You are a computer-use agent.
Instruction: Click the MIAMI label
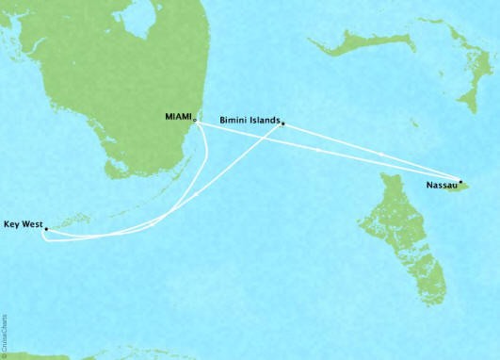click(175, 118)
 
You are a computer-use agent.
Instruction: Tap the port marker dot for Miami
click(194, 121)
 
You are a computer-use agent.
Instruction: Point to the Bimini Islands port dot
click(282, 125)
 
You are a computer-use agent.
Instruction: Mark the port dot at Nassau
click(460, 181)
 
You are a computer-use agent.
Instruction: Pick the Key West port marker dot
click(45, 228)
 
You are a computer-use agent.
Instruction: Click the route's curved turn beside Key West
click(47, 237)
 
